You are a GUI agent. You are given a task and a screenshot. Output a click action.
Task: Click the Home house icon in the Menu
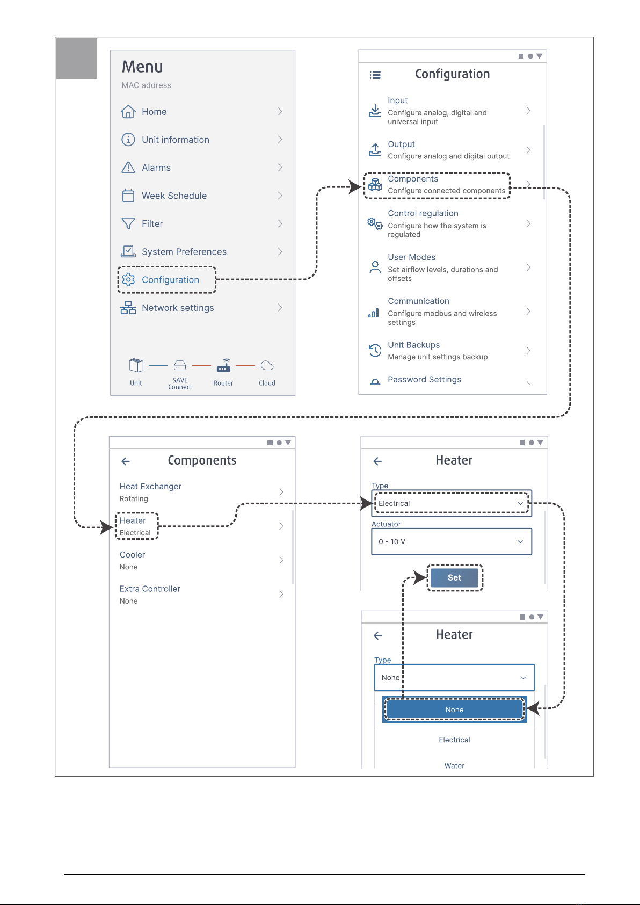click(128, 112)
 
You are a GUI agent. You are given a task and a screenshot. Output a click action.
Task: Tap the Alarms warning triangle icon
click(128, 167)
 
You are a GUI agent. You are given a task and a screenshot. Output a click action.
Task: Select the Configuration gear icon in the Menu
click(128, 280)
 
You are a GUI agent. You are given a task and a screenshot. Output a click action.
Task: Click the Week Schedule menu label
click(174, 196)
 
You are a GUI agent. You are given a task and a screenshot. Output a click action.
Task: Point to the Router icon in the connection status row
click(223, 365)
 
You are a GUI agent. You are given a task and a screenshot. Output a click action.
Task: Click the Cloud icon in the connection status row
click(267, 366)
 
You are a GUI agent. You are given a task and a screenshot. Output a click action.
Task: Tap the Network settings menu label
click(178, 308)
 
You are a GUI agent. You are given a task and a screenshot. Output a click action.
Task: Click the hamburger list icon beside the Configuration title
click(375, 75)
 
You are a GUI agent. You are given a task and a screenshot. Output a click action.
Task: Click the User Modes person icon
click(375, 267)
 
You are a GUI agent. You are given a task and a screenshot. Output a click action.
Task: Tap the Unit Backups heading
click(413, 345)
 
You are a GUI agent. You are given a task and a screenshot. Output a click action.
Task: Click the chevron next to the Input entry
click(528, 111)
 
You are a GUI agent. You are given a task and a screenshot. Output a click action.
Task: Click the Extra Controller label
click(150, 589)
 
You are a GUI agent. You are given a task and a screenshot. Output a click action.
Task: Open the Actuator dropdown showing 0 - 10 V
click(452, 541)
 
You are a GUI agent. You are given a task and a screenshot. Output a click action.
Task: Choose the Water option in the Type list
click(454, 765)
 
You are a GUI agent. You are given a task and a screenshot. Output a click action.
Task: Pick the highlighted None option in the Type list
click(454, 709)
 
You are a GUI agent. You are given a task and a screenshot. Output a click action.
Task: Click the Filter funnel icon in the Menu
click(128, 223)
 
